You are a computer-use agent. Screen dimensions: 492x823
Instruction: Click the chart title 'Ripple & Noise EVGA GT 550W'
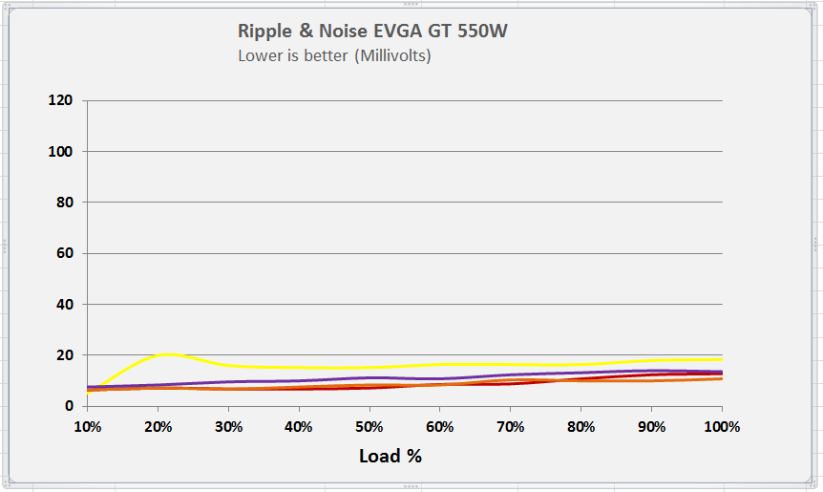[372, 31]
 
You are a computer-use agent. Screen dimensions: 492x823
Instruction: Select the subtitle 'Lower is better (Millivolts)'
[334, 55]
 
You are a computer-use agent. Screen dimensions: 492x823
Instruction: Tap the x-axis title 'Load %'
[390, 456]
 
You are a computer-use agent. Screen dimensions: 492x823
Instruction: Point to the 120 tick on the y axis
[60, 100]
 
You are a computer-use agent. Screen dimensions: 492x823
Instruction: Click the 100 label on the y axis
[60, 151]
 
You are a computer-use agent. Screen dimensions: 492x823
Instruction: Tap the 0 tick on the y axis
[68, 406]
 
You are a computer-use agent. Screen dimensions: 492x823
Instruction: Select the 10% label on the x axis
[87, 426]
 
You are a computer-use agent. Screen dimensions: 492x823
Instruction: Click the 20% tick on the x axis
[158, 426]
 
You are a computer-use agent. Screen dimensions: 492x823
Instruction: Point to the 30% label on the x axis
[228, 426]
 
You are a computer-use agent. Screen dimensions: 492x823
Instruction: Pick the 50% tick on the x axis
[369, 426]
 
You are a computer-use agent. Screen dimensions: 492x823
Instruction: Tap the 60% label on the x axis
[440, 426]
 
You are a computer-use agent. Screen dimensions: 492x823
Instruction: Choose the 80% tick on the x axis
[581, 426]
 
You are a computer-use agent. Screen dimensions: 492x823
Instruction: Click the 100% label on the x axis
[722, 426]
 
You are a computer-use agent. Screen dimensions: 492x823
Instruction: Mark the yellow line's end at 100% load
[721, 359]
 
